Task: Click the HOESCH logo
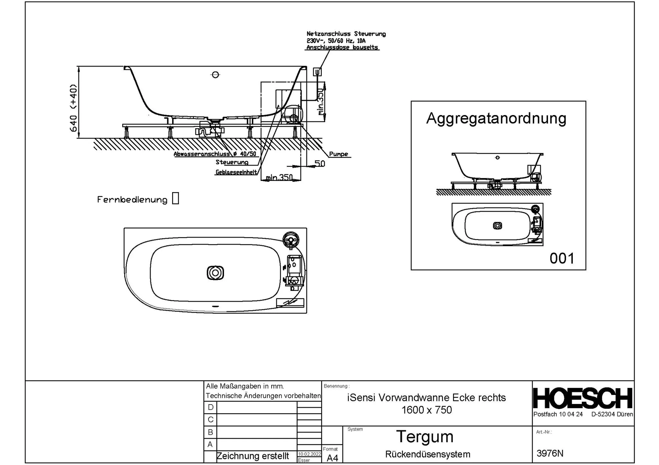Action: pyautogui.click(x=583, y=398)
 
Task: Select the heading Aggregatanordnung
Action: pyautogui.click(x=496, y=119)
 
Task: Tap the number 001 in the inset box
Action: pyautogui.click(x=562, y=258)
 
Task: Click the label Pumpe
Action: pyautogui.click(x=339, y=154)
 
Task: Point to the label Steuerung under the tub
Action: pyautogui.click(x=232, y=162)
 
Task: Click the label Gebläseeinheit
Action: pyautogui.click(x=236, y=172)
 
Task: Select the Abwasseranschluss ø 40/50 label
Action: pyautogui.click(x=215, y=154)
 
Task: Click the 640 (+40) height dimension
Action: pyautogui.click(x=74, y=108)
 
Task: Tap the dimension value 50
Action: pyautogui.click(x=320, y=164)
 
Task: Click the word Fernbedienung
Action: pyautogui.click(x=132, y=200)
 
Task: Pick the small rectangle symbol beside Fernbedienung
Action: pyautogui.click(x=175, y=198)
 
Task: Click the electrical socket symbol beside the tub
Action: pyautogui.click(x=317, y=72)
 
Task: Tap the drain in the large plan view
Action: pyautogui.click(x=215, y=273)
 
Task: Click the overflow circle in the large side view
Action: pyautogui.click(x=215, y=75)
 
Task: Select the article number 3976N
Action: pyautogui.click(x=550, y=453)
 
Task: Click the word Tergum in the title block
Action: pyautogui.click(x=425, y=437)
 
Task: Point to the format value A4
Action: pyautogui.click(x=332, y=458)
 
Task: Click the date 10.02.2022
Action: pyautogui.click(x=309, y=454)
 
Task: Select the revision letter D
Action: pyautogui.click(x=210, y=407)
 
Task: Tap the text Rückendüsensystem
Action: pyautogui.click(x=428, y=454)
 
